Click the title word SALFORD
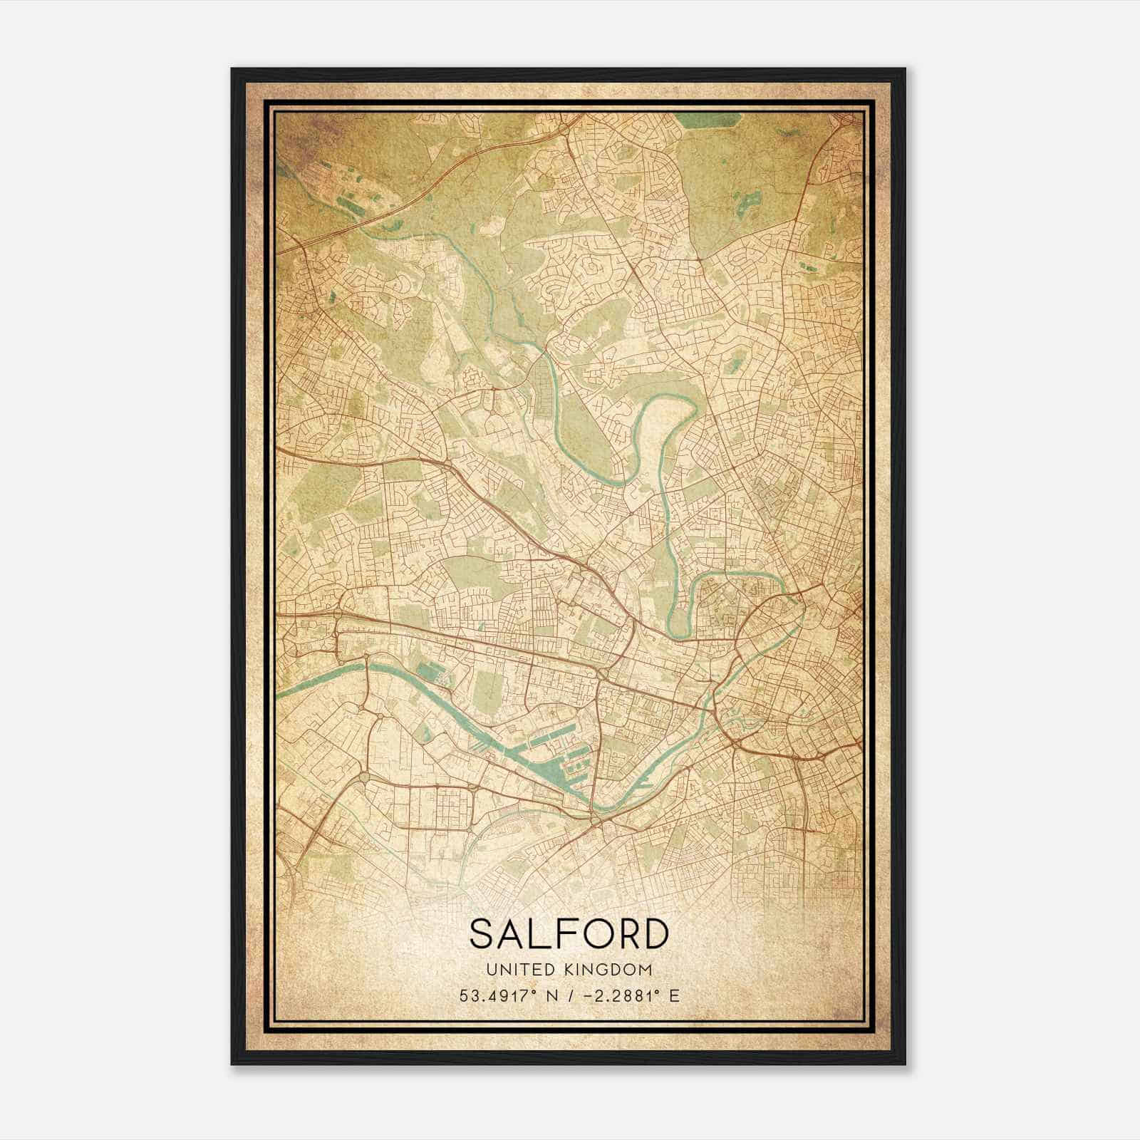tap(569, 934)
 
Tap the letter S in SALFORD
tap(482, 934)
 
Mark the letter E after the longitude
tap(674, 995)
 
